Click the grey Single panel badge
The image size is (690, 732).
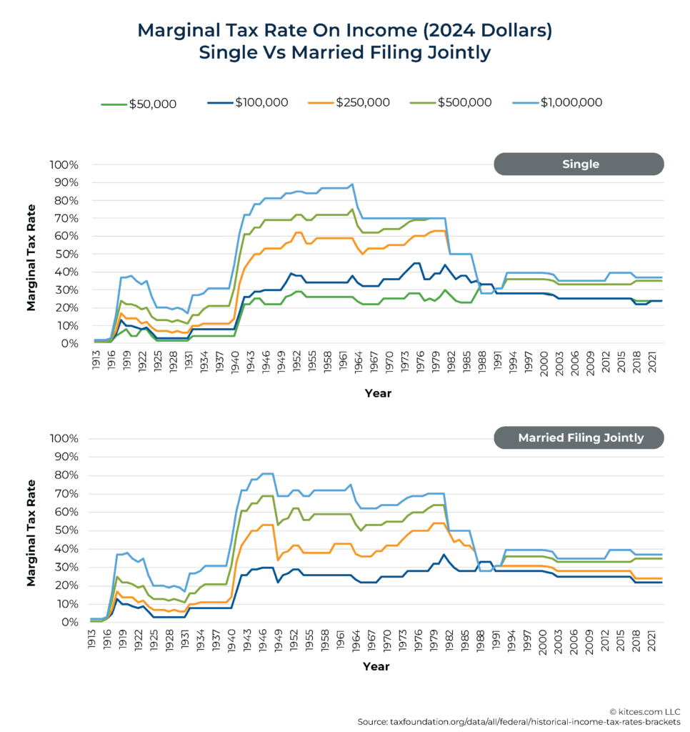[x=579, y=164]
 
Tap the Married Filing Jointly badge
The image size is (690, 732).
[x=579, y=437]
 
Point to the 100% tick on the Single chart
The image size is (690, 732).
[x=64, y=165]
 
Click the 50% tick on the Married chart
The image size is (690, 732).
[x=65, y=530]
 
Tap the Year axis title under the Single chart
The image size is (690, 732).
[x=378, y=393]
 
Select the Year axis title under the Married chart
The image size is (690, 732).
[x=376, y=666]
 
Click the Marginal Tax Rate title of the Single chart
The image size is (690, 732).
[x=31, y=254]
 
